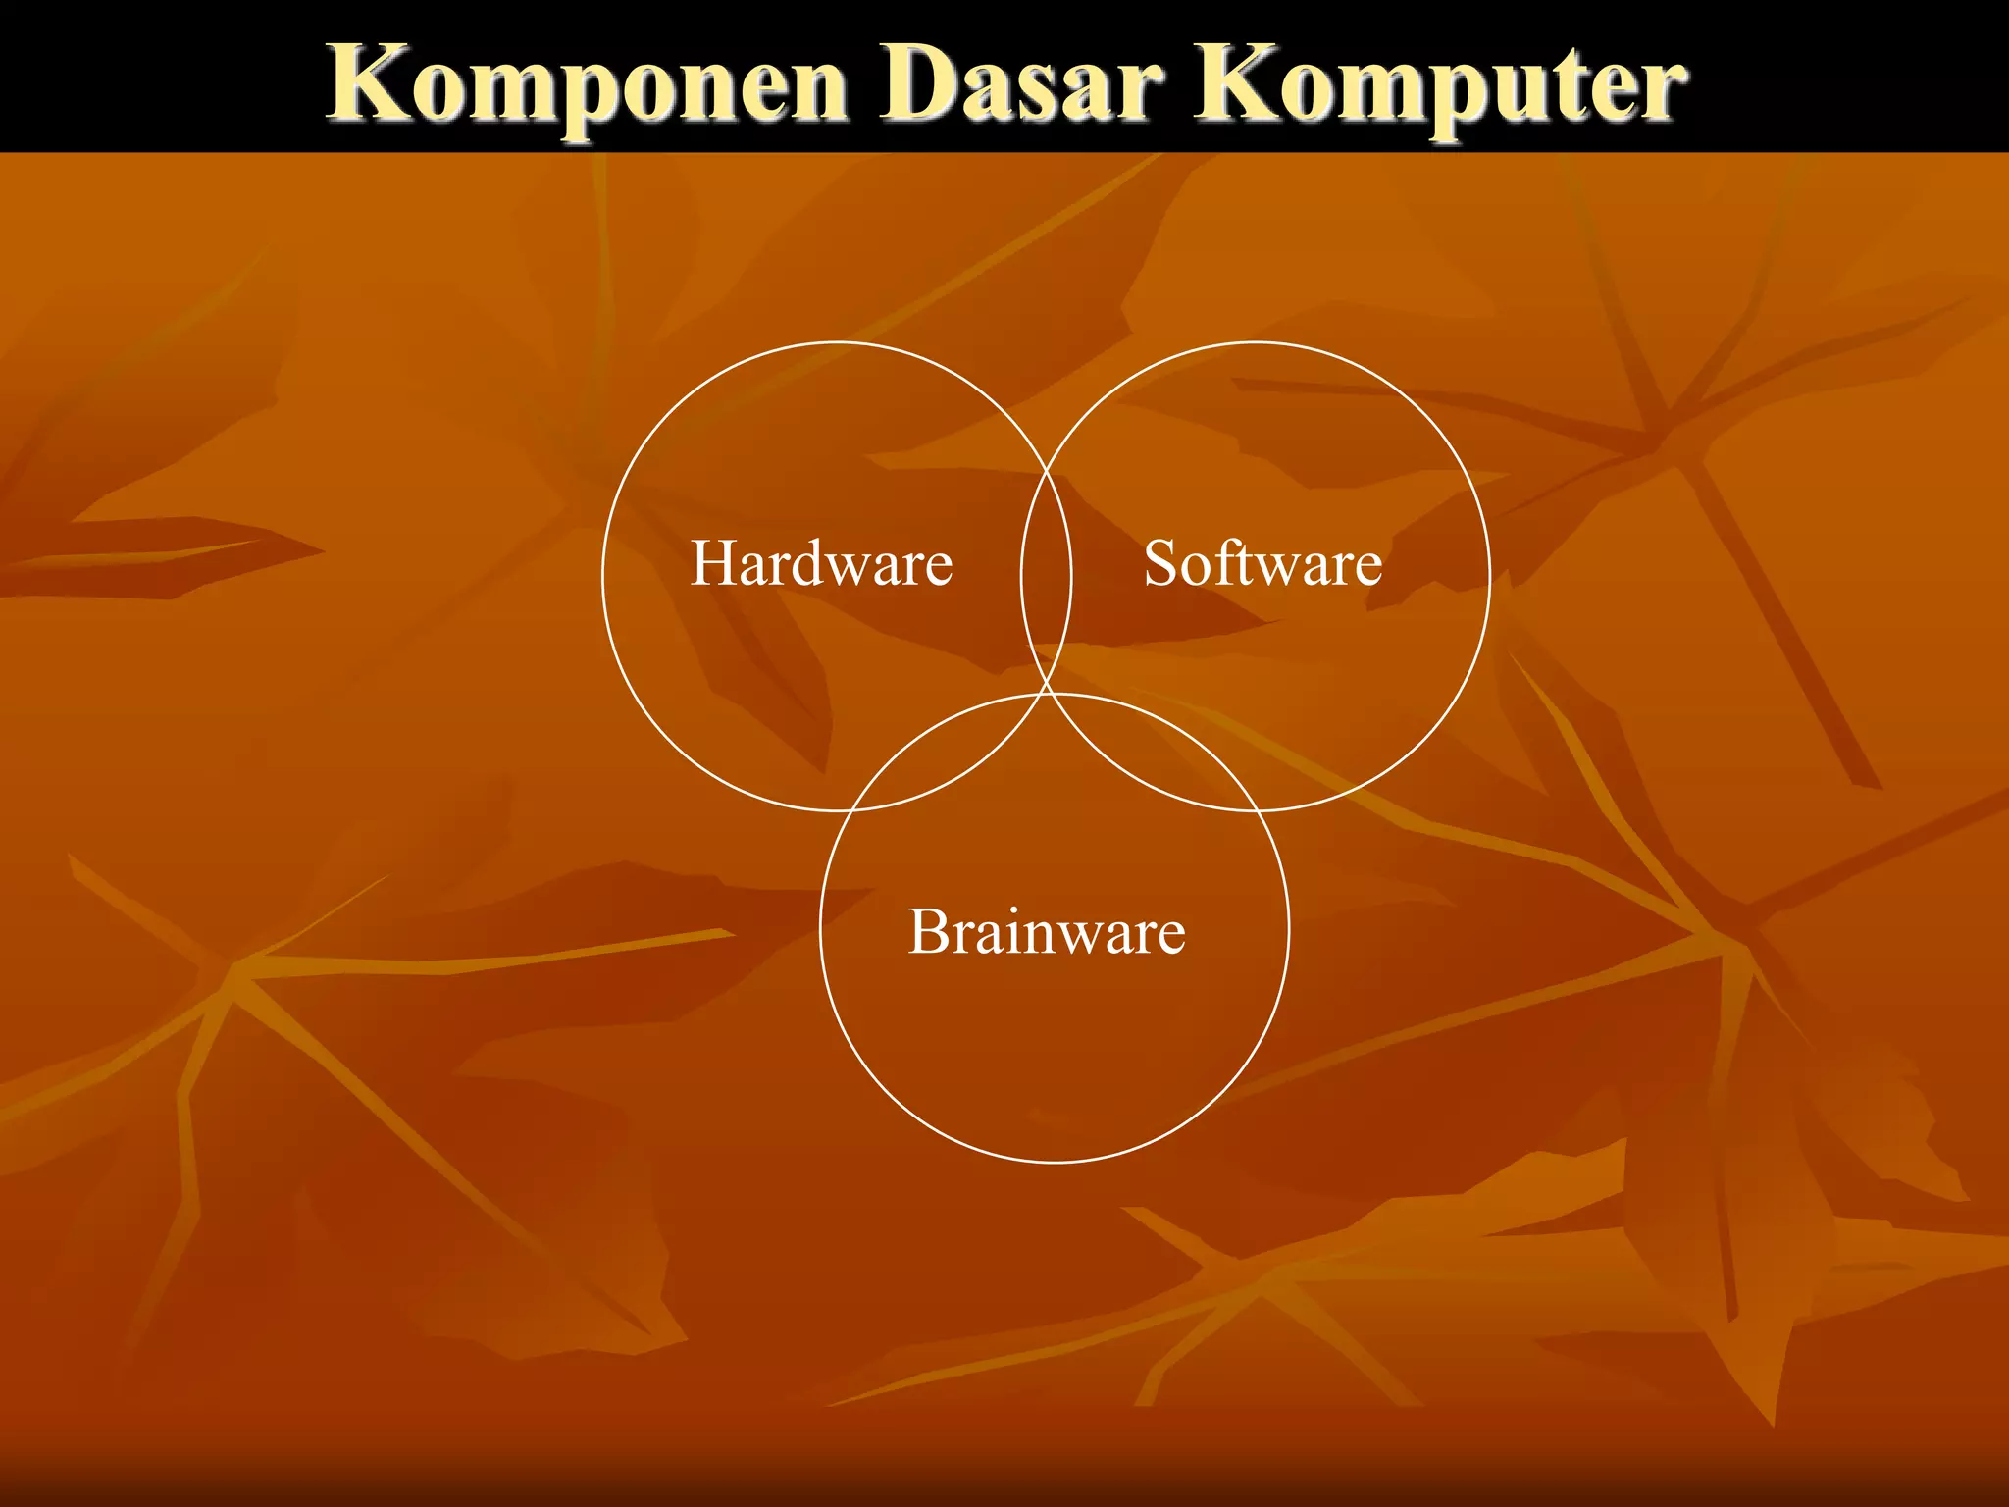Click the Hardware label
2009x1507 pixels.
821,564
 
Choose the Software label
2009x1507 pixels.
1262,564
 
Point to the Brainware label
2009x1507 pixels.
1047,931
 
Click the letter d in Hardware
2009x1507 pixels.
818,564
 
